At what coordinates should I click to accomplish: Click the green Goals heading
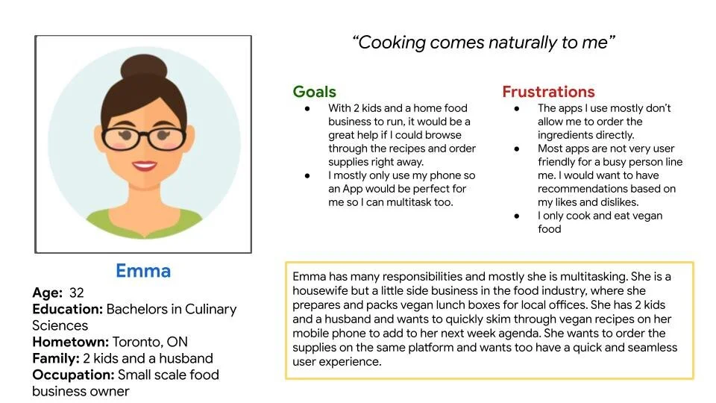[x=314, y=92]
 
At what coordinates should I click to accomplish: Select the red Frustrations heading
[x=548, y=92]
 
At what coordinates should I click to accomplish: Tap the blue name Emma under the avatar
[x=143, y=271]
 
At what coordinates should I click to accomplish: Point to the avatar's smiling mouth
[x=144, y=166]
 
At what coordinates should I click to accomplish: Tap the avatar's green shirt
[x=143, y=222]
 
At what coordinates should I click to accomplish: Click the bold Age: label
[x=48, y=293]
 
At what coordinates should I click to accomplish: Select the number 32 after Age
[x=76, y=293]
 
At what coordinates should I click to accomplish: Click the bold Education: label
[x=67, y=309]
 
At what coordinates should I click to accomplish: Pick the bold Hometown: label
[x=70, y=342]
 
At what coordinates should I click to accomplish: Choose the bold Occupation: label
[x=72, y=375]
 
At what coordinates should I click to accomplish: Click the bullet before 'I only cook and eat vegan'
[x=518, y=216]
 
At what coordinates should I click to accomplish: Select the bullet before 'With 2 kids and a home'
[x=307, y=109]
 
